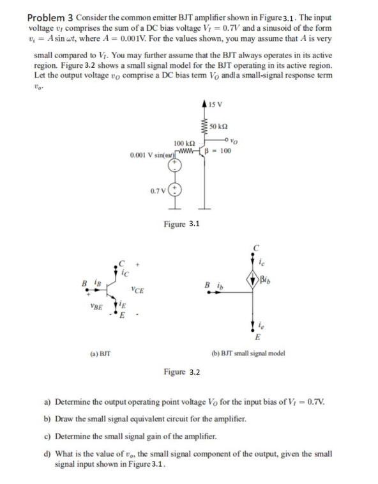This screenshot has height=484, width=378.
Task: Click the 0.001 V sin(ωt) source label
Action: [152, 155]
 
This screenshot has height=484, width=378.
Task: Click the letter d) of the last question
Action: [47, 453]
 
